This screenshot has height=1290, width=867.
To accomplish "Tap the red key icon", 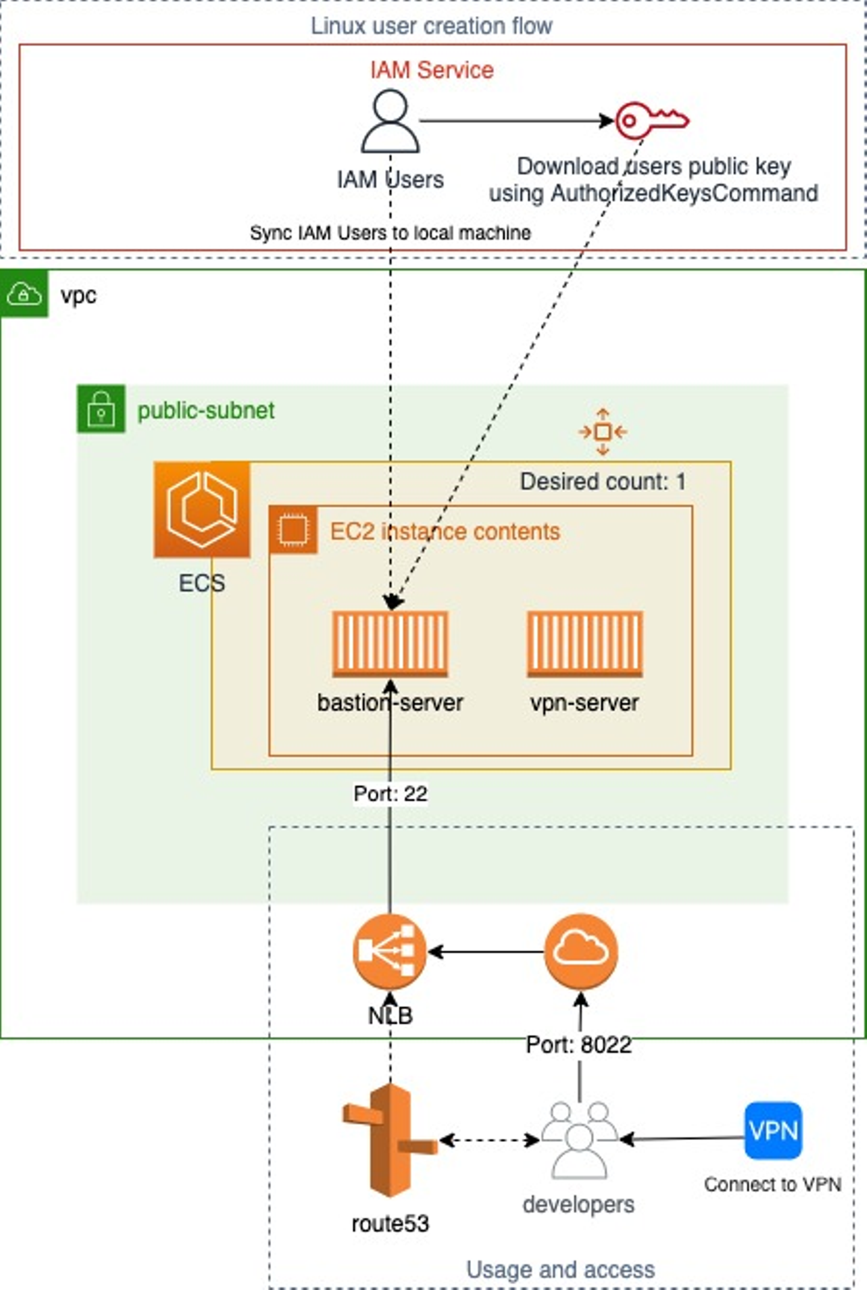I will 651,120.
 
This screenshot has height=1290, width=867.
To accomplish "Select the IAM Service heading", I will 432,70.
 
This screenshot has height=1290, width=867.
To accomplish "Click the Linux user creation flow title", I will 431,26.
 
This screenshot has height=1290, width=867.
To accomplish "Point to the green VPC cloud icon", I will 24,294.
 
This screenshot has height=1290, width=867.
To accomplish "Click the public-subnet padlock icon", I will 101,409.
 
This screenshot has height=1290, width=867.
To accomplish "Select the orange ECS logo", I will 202,509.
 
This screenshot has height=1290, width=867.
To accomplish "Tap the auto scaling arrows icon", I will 603,432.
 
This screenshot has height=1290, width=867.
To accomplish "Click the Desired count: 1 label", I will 603,482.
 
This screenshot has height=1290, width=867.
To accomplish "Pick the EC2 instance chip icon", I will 293,531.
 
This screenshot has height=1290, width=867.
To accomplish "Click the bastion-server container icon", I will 390,644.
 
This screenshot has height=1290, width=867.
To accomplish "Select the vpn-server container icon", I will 585,644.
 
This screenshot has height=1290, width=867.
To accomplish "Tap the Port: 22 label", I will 390,794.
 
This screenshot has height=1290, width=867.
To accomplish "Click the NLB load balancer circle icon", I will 390,952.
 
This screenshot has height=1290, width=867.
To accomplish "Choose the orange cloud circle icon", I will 580,952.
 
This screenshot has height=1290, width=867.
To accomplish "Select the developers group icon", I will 579,1140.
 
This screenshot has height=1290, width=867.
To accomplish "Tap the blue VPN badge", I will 773,1130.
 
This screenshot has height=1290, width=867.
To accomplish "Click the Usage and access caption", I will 561,1270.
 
